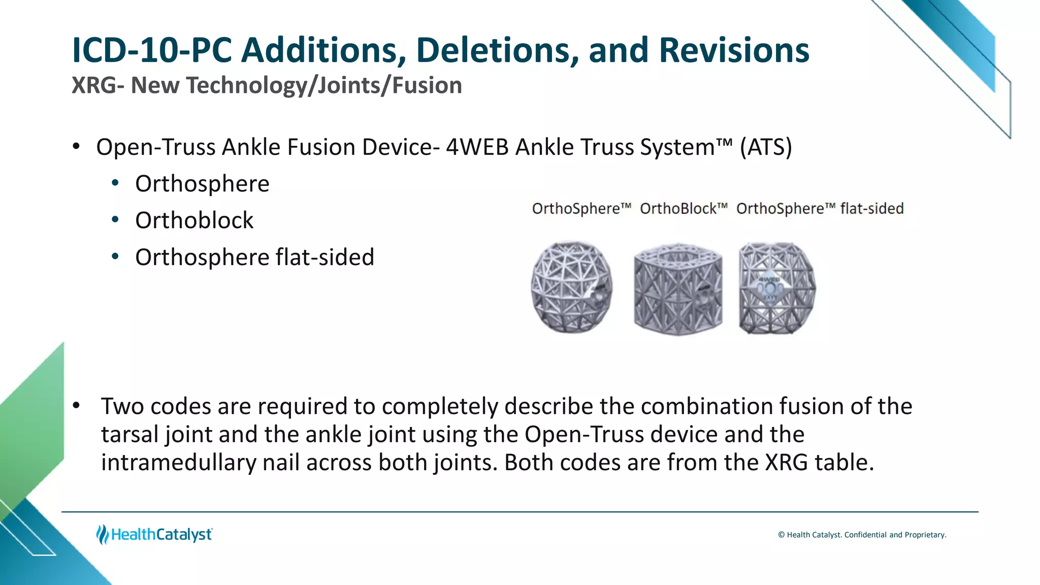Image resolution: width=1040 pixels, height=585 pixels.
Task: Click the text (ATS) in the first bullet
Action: pyautogui.click(x=766, y=147)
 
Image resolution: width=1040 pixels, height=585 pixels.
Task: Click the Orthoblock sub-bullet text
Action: pyautogui.click(x=194, y=220)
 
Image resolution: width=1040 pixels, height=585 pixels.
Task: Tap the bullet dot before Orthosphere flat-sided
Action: pyautogui.click(x=115, y=257)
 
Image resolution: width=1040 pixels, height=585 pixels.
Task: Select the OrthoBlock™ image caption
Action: pyautogui.click(x=684, y=209)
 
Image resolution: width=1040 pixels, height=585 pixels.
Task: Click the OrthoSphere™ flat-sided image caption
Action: pyautogui.click(x=820, y=209)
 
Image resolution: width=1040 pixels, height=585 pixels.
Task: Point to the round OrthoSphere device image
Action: pyautogui.click(x=572, y=287)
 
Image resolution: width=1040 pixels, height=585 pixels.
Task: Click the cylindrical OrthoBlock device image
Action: pyautogui.click(x=678, y=288)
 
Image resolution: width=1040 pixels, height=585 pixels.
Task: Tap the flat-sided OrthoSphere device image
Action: pyautogui.click(x=777, y=288)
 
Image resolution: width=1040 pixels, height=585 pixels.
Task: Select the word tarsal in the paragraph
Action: pyautogui.click(x=131, y=435)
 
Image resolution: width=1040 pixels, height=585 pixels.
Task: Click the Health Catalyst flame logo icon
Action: pyautogui.click(x=103, y=534)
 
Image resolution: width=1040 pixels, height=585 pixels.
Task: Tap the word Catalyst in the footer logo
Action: pyautogui.click(x=184, y=534)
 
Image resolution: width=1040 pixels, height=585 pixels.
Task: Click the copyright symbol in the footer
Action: pyautogui.click(x=781, y=535)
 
